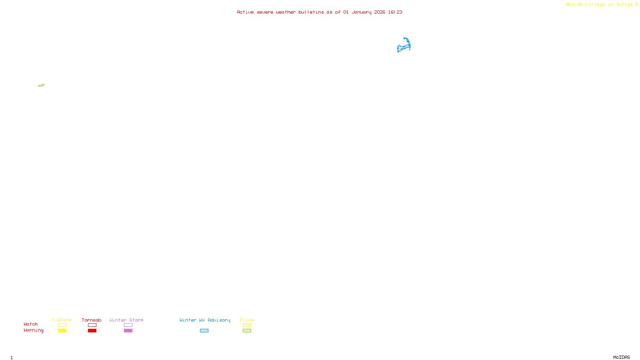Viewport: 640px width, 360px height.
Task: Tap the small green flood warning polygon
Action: coord(41,85)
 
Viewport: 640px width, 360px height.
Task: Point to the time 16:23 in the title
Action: coord(395,12)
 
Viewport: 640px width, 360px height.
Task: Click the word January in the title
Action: coord(361,12)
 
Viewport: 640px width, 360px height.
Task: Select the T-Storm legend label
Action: coord(62,320)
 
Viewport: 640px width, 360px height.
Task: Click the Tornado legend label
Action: coord(92,320)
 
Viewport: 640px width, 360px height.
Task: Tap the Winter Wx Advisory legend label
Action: coord(205,320)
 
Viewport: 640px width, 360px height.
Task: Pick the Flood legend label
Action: coord(247,320)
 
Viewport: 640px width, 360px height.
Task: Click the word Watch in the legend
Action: coord(31,324)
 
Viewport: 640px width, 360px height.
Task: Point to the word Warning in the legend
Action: coord(33,330)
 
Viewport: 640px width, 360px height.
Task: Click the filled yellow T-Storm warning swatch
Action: coord(62,331)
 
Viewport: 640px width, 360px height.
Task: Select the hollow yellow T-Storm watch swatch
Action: coord(62,325)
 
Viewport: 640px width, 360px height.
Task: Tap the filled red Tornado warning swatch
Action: coord(92,331)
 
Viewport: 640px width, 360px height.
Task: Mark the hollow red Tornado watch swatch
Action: coord(92,325)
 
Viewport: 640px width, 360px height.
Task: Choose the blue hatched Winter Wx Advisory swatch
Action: coord(204,331)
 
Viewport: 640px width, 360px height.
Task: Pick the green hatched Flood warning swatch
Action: coord(247,331)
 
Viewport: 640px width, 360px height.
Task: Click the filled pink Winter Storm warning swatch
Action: coord(128,331)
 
